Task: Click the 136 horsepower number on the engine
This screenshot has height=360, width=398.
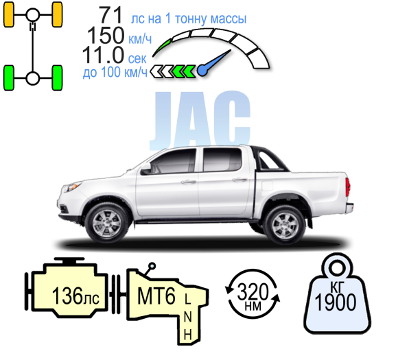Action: pyautogui.click(x=67, y=296)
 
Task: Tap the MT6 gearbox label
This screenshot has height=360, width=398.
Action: pyautogui.click(x=156, y=296)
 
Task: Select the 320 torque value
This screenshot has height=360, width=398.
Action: pyautogui.click(x=253, y=291)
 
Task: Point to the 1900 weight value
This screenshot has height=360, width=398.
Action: pyautogui.click(x=335, y=302)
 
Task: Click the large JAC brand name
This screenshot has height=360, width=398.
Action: pyautogui.click(x=200, y=121)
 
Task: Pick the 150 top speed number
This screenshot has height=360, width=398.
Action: pyautogui.click(x=106, y=35)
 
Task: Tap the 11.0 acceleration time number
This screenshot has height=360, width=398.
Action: pyautogui.click(x=103, y=55)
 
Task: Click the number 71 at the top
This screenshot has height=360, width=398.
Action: pyautogui.click(x=111, y=16)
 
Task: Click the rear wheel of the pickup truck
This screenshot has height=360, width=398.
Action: pyautogui.click(x=285, y=225)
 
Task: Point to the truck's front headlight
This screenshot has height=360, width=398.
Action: pyautogui.click(x=71, y=187)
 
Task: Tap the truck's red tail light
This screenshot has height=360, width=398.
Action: pyautogui.click(x=347, y=187)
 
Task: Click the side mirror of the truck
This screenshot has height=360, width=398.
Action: pyautogui.click(x=145, y=168)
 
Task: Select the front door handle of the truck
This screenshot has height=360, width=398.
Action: pyautogui.click(x=188, y=182)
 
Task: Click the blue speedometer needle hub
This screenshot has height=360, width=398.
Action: pyautogui.click(x=203, y=70)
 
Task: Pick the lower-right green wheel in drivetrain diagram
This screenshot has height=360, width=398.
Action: pyautogui.click(x=57, y=78)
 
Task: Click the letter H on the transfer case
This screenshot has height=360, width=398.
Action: pyautogui.click(x=187, y=335)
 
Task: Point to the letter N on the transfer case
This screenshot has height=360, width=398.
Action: pyautogui.click(x=187, y=317)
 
